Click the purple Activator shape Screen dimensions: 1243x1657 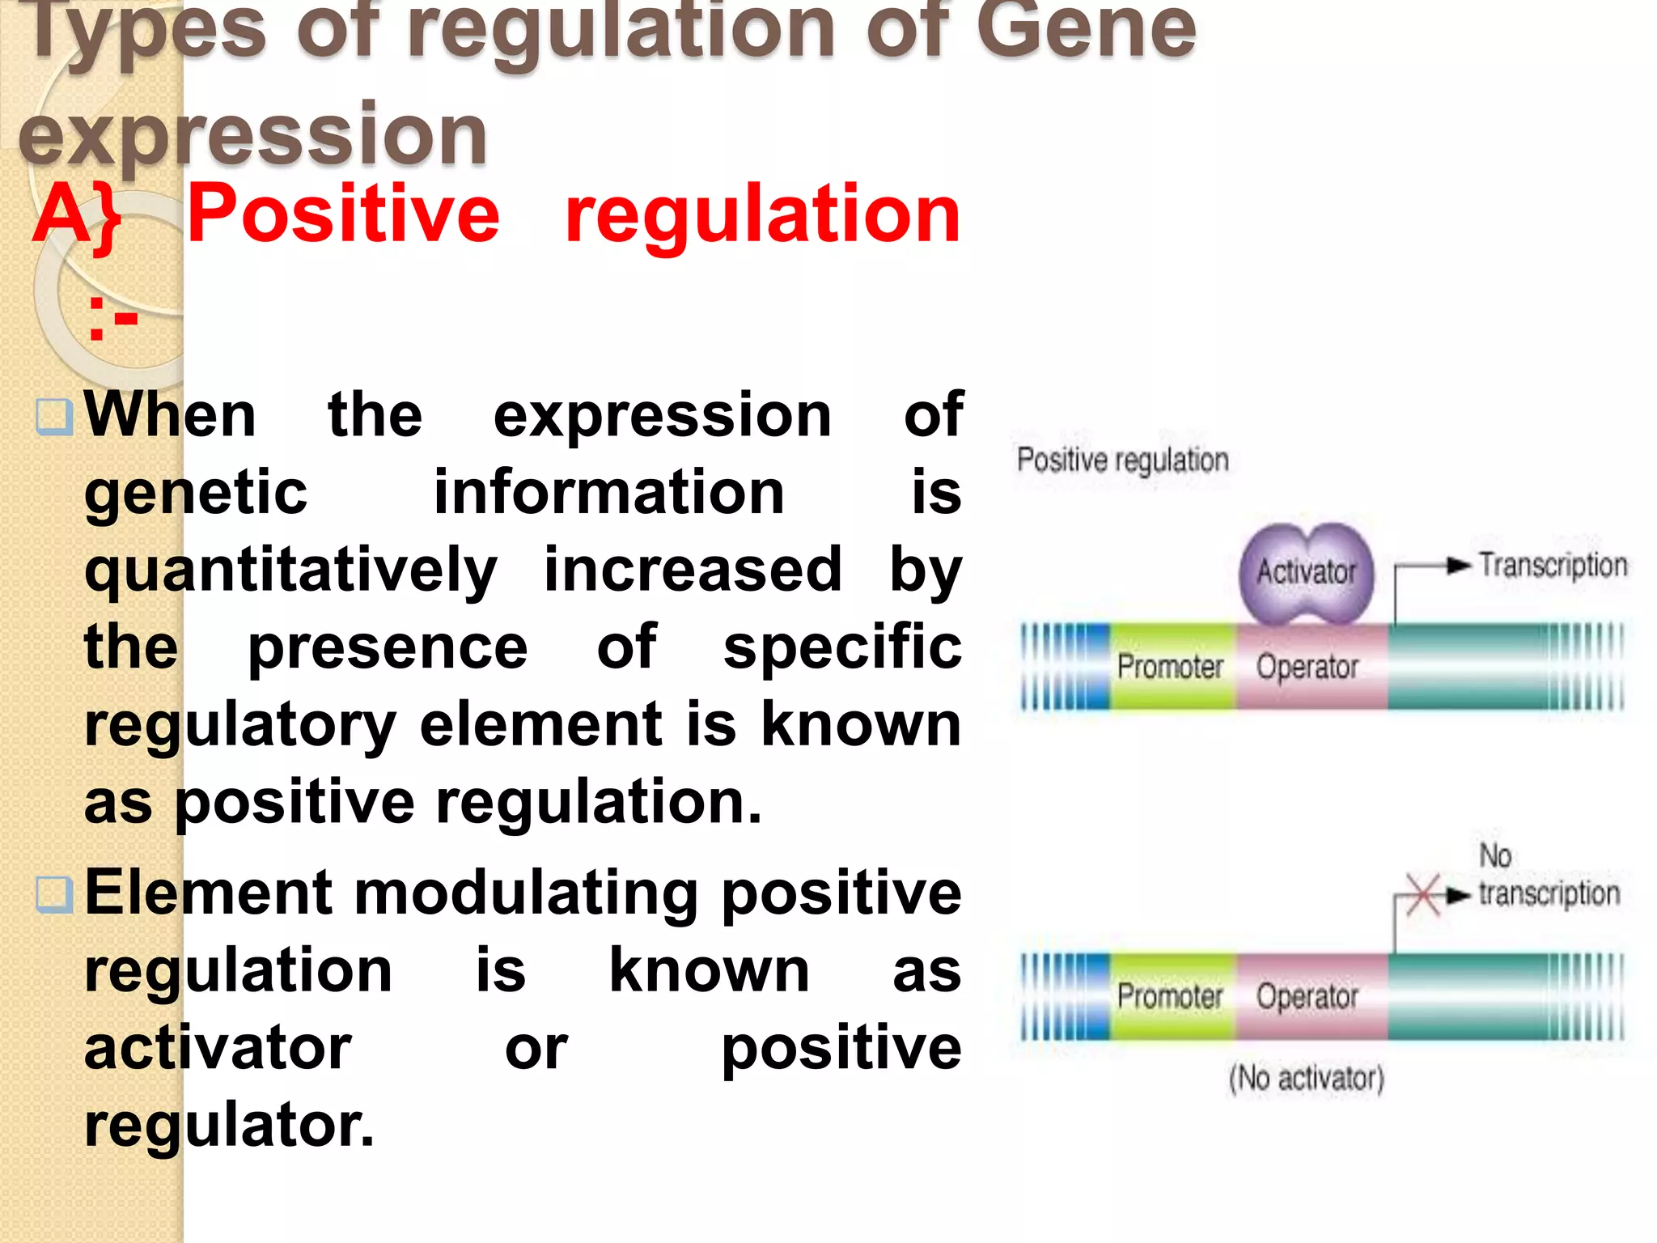(x=1306, y=573)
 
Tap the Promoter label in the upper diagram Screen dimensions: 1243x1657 (x=1170, y=667)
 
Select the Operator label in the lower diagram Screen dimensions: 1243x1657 (x=1307, y=996)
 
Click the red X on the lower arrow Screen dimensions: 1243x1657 (x=1422, y=896)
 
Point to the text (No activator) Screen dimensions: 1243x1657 (x=1306, y=1079)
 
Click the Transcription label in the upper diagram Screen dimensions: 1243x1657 (x=1553, y=565)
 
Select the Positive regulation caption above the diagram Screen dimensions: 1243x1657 (x=1122, y=460)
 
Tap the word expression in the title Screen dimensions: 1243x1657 (x=252, y=134)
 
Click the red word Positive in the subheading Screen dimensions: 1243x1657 (x=343, y=214)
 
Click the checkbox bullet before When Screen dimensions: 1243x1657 (x=55, y=416)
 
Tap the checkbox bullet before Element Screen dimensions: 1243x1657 (x=55, y=894)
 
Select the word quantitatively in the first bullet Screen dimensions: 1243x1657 (x=290, y=570)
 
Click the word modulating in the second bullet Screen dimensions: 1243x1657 (x=526, y=893)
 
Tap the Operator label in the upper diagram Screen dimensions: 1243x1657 (x=1307, y=667)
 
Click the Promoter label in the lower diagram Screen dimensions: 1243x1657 (x=1170, y=996)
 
